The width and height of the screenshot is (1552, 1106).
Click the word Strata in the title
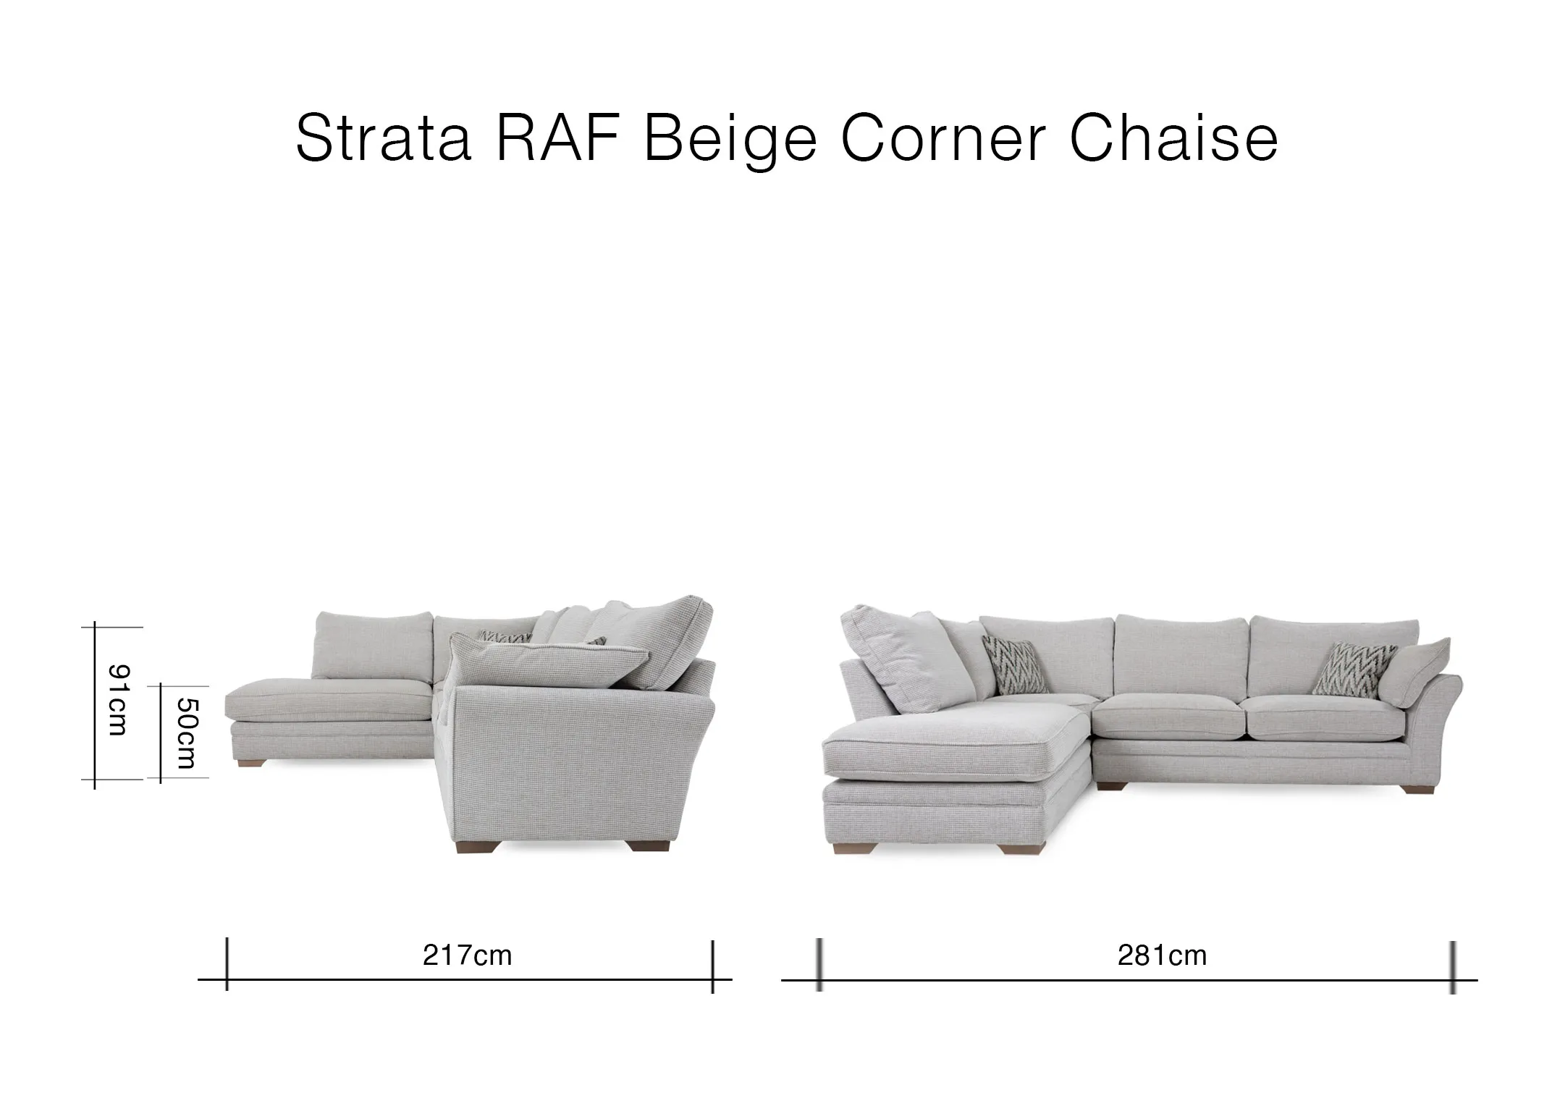point(384,138)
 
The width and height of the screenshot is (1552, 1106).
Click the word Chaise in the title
point(1173,138)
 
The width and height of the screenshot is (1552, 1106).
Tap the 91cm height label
point(117,700)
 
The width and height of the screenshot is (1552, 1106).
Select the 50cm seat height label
point(186,733)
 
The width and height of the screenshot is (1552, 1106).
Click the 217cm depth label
point(467,955)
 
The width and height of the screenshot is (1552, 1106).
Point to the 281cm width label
point(1162,955)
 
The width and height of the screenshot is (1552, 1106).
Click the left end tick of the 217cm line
point(227,964)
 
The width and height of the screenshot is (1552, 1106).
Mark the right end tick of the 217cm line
point(713,966)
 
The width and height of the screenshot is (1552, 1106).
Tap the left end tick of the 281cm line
point(819,965)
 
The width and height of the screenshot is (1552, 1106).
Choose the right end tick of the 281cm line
point(1453,966)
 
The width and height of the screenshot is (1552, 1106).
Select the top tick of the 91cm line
point(95,627)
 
